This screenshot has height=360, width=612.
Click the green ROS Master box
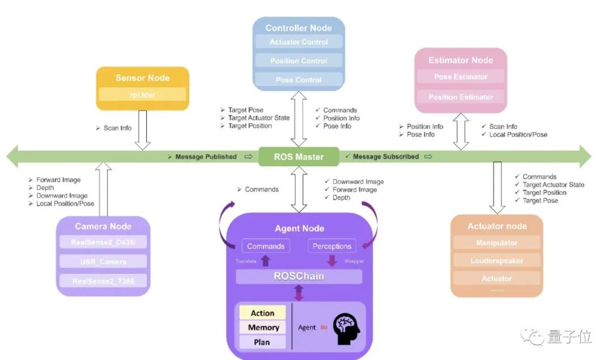299,156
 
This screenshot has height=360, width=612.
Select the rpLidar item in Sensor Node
142,95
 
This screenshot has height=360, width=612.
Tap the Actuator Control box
299,42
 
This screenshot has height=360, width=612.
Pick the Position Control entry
299,61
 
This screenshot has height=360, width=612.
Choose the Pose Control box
299,79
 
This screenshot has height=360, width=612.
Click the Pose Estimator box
461,77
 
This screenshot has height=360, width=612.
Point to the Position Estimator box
461,97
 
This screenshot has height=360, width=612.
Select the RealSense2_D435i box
103,243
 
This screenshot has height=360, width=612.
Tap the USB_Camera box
103,262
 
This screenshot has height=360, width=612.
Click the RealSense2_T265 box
103,281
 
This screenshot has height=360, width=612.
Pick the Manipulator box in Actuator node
497,243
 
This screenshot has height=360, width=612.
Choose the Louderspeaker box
497,261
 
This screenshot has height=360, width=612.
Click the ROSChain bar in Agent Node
299,277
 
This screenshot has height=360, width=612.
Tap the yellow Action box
262,313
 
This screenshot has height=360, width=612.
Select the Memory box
263,327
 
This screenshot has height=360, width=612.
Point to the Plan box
262,342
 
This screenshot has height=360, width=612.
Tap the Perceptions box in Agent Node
332,246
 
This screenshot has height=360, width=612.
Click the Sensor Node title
142,78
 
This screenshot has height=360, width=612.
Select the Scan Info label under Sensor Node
117,128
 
